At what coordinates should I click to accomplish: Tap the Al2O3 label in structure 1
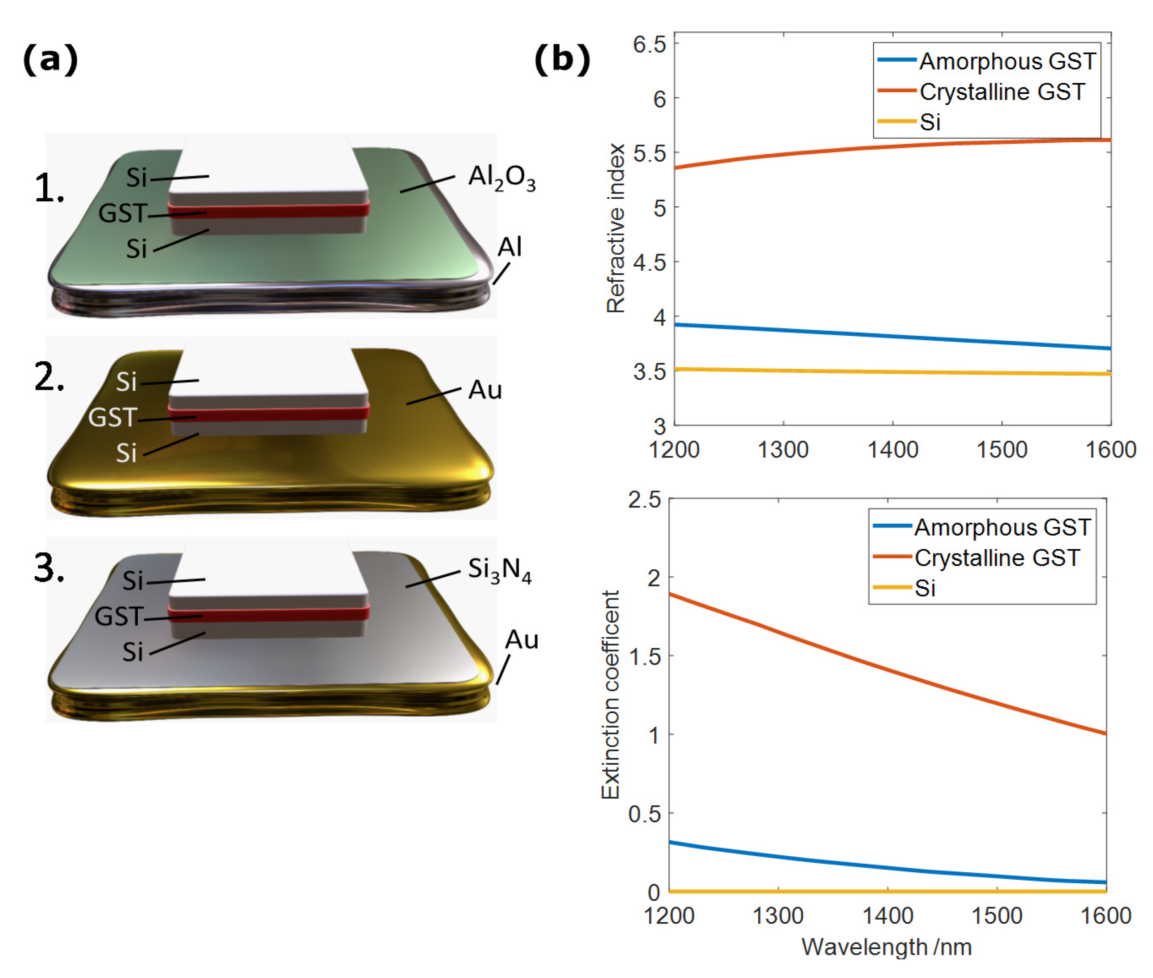tap(502, 178)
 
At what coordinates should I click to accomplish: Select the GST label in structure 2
tap(112, 417)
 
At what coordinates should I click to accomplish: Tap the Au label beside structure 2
tap(485, 390)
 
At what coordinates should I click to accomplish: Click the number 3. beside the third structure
tap(49, 568)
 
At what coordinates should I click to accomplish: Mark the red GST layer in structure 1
tap(269, 210)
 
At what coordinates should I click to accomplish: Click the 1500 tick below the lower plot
tap(997, 915)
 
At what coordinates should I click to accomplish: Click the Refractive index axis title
tap(616, 228)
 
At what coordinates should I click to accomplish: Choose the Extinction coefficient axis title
tap(610, 694)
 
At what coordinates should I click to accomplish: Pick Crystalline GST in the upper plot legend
tap(1002, 91)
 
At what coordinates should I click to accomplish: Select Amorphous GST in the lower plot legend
tap(1002, 527)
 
